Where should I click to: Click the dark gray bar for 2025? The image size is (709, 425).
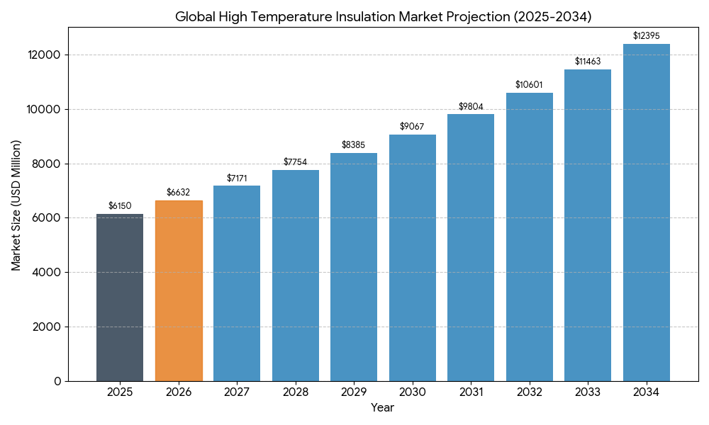click(x=120, y=297)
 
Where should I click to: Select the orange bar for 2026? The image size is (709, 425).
click(x=179, y=290)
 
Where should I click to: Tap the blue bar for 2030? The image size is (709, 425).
click(x=413, y=258)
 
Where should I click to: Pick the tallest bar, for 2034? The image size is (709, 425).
click(x=647, y=212)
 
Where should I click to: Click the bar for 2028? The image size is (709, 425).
click(x=296, y=276)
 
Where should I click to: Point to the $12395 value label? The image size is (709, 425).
click(x=647, y=36)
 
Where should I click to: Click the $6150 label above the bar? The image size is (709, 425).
click(x=120, y=206)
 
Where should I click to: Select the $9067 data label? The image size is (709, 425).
click(x=413, y=127)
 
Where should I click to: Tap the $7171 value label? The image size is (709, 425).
click(x=237, y=178)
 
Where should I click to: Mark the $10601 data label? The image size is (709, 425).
click(x=529, y=85)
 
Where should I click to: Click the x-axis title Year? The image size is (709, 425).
click(x=383, y=408)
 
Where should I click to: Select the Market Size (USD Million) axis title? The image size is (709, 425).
click(x=16, y=205)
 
